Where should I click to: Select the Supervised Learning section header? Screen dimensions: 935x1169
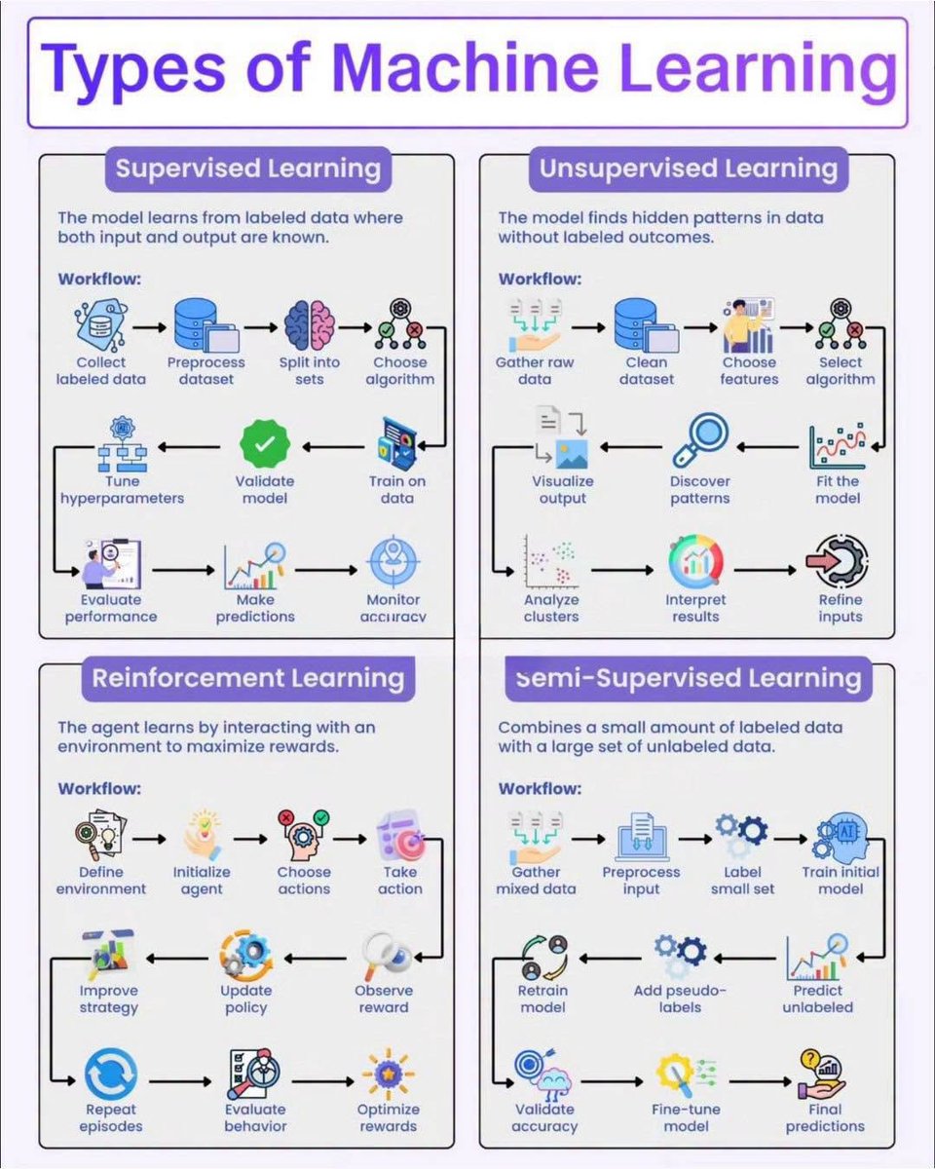pyautogui.click(x=248, y=169)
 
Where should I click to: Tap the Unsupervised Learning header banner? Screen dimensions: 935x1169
pyautogui.click(x=689, y=169)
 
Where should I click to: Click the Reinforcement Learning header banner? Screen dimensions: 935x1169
pyautogui.click(x=248, y=678)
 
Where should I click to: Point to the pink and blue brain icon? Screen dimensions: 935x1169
pyautogui.click(x=310, y=325)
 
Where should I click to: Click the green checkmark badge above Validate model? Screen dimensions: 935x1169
pyautogui.click(x=265, y=445)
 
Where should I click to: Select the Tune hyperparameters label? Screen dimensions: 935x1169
pyautogui.click(x=123, y=490)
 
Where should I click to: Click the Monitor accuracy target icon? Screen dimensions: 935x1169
pyautogui.click(x=393, y=563)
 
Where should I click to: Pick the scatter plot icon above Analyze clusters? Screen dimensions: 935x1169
pyautogui.click(x=551, y=562)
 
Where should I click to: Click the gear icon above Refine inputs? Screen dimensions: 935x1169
pyautogui.click(x=838, y=562)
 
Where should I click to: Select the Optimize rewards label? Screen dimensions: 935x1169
pyautogui.click(x=388, y=1117)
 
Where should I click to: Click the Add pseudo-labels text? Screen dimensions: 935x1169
pyautogui.click(x=680, y=999)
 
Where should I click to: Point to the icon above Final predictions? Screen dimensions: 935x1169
pyautogui.click(x=821, y=1074)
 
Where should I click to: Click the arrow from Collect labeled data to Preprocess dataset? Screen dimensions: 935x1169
pyautogui.click(x=149, y=327)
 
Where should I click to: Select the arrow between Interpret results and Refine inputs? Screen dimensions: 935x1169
pyautogui.click(x=765, y=570)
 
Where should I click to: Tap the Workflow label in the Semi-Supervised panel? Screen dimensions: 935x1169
pyautogui.click(x=540, y=788)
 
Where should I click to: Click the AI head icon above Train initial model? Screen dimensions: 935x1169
pyautogui.click(x=841, y=839)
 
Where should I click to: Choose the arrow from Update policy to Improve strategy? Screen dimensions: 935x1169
pyautogui.click(x=177, y=959)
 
